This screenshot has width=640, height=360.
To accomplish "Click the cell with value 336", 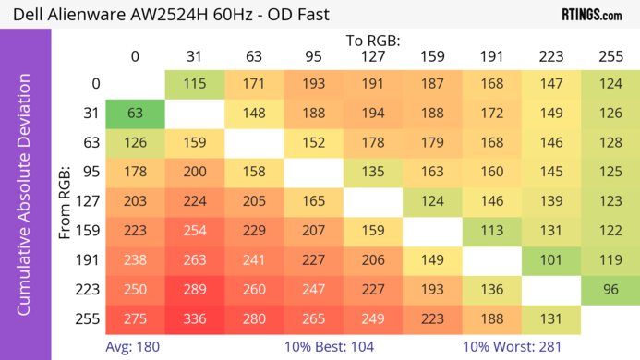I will [195, 319].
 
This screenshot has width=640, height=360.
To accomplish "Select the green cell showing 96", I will [610, 290].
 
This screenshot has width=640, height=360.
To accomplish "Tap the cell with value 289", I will [195, 290].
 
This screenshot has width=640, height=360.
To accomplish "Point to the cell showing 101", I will [551, 260].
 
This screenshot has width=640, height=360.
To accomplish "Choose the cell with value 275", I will [135, 319].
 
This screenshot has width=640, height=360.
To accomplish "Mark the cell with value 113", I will [491, 231].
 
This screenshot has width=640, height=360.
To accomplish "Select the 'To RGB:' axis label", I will [373, 41].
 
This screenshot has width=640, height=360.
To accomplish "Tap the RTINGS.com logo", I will [591, 15].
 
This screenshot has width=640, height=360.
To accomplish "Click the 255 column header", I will [610, 56].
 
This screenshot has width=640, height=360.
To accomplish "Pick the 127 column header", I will [373, 56].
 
